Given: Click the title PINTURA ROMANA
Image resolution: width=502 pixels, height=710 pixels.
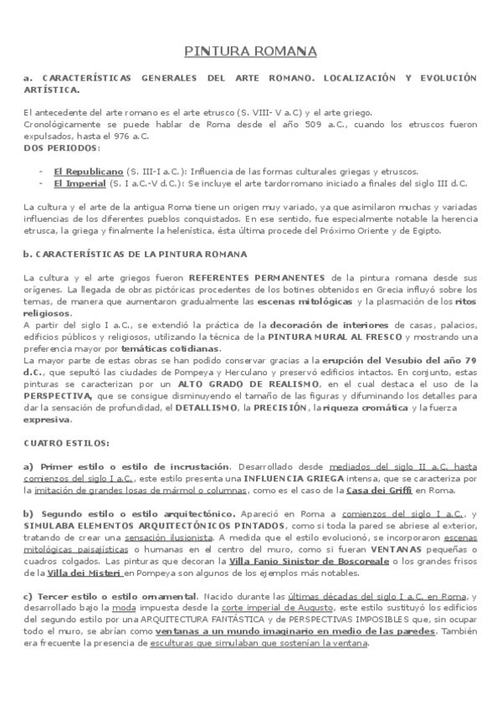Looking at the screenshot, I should pyautogui.click(x=251, y=52).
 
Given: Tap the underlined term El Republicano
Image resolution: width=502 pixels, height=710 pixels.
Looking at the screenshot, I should pyautogui.click(x=83, y=171).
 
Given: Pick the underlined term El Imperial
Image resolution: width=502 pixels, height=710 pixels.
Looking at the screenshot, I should pyautogui.click(x=79, y=183).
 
